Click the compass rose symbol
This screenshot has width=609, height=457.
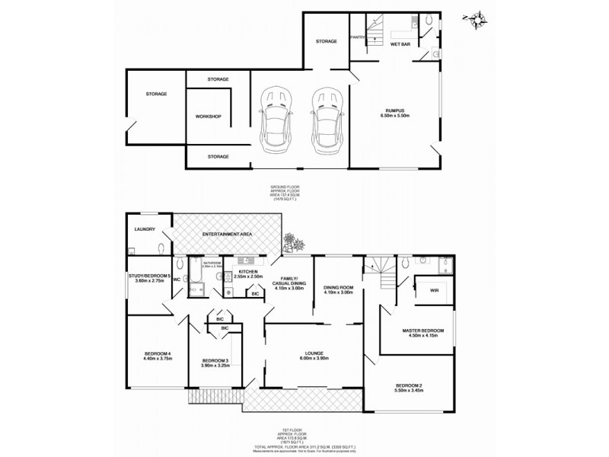point(477,19)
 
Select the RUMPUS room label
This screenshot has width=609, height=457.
point(397,112)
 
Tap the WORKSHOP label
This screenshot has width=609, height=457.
point(208,117)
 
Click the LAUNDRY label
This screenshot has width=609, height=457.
point(145,228)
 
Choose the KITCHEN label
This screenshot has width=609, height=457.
point(249,271)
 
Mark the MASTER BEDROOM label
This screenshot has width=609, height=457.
point(422,330)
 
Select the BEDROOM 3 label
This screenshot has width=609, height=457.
point(216,360)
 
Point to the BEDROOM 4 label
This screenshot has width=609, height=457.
point(159,353)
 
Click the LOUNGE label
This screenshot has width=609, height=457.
point(314,353)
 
